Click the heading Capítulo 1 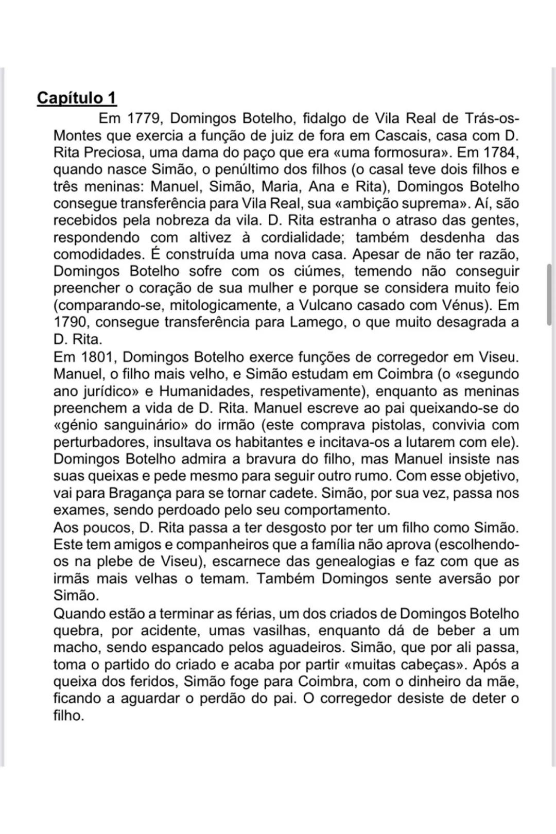click(77, 97)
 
